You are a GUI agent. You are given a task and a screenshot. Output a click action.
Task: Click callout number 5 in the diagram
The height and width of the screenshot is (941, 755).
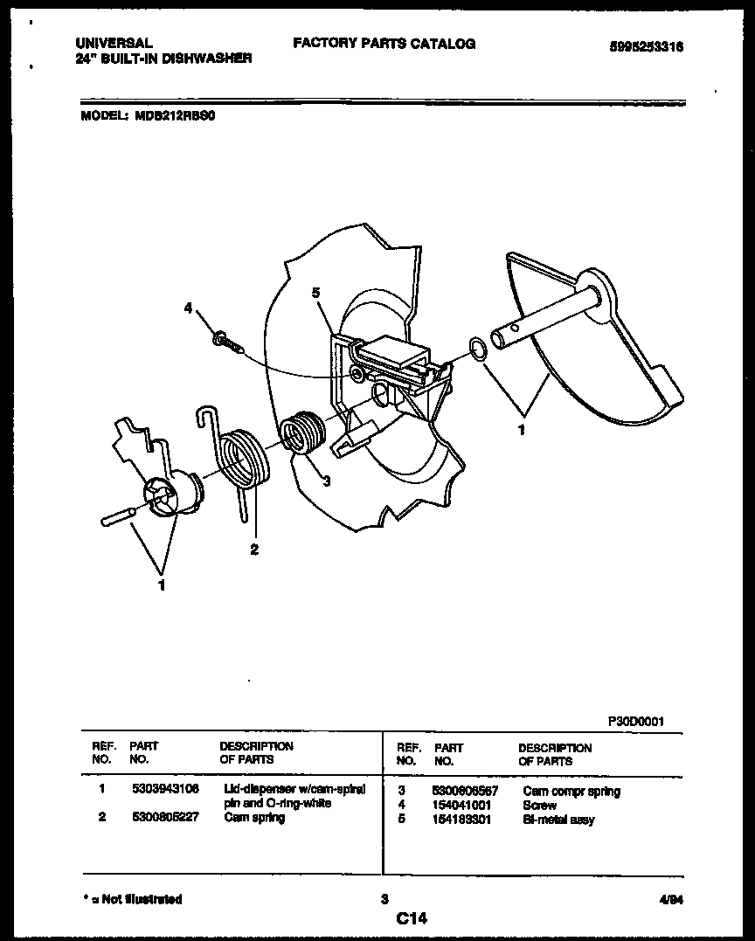(x=315, y=294)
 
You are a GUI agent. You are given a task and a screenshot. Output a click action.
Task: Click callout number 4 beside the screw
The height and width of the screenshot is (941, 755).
(x=187, y=307)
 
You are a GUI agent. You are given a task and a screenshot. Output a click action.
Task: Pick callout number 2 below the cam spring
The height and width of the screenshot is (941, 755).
(x=253, y=550)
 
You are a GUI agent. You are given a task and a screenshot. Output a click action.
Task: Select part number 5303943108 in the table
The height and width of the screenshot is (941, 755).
(x=166, y=789)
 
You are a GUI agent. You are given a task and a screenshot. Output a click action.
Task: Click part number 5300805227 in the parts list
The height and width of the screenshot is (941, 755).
(x=166, y=818)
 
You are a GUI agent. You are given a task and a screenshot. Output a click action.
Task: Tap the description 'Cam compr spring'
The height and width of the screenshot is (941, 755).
(x=571, y=792)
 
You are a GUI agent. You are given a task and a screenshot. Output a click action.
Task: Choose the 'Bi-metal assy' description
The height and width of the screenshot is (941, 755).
(x=558, y=820)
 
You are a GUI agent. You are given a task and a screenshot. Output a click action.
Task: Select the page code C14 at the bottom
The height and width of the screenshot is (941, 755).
(x=411, y=918)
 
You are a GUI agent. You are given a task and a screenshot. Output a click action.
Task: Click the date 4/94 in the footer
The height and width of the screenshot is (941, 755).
(x=669, y=899)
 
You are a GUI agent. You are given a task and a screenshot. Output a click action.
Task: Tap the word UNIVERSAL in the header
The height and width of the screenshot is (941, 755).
(x=114, y=42)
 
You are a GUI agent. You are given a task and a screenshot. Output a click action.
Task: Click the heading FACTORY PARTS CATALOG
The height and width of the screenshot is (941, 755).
(x=384, y=43)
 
